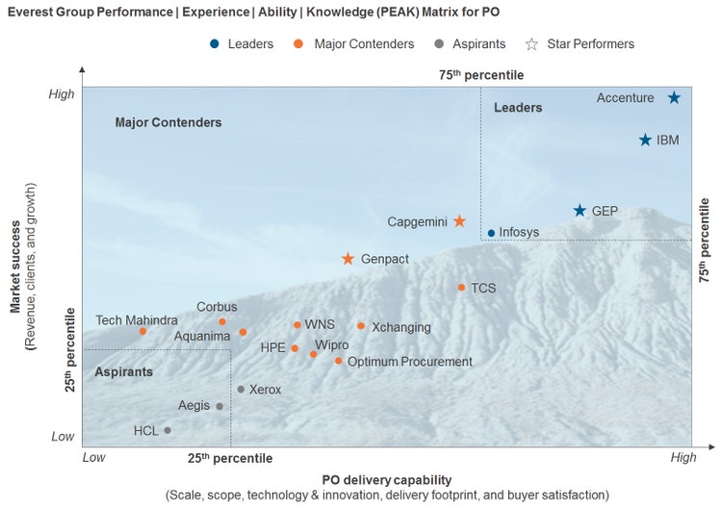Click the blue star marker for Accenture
(675, 98)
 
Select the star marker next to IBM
(646, 140)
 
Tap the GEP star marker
(580, 211)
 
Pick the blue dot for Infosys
(491, 233)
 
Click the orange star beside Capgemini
(459, 221)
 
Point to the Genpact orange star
(348, 259)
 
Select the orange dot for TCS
(461, 288)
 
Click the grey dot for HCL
(168, 430)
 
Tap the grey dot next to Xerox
(241, 390)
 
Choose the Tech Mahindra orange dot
(142, 331)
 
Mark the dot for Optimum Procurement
(338, 361)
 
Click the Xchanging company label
(400, 327)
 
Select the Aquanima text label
(202, 337)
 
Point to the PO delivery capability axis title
(386, 479)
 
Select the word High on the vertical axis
(62, 94)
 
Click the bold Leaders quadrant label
(518, 108)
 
